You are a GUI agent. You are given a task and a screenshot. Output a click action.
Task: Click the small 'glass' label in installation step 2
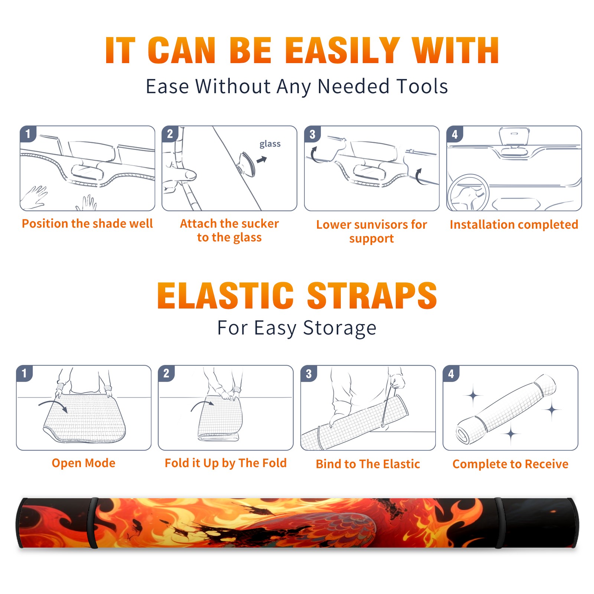coord(270,144)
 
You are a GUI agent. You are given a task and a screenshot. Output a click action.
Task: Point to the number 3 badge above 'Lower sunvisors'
coord(312,134)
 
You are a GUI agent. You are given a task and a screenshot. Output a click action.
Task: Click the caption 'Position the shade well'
coord(87,223)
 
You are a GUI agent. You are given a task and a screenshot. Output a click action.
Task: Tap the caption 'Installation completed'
coord(514,225)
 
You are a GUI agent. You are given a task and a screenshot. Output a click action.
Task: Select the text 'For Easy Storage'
coord(297,328)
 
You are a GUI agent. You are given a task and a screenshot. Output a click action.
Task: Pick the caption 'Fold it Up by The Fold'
coord(225,463)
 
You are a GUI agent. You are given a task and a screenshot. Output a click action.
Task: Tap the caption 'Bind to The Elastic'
coord(368,464)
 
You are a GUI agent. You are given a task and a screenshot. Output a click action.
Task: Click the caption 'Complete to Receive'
coord(510,464)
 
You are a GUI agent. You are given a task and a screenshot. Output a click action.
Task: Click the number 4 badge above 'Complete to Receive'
coord(451,373)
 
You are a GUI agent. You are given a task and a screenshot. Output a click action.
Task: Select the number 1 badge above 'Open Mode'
coord(24,373)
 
